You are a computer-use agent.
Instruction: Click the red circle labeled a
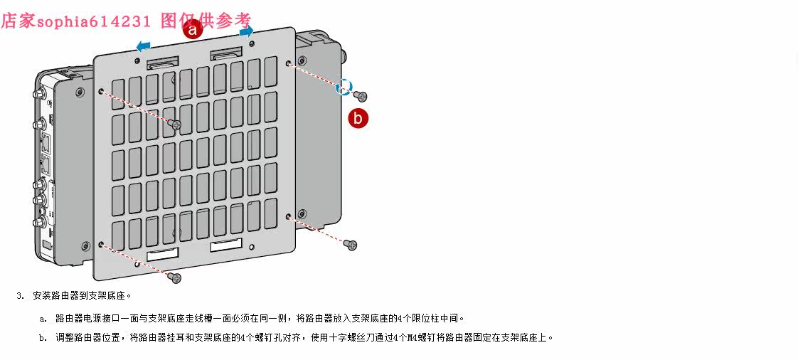point(192,29)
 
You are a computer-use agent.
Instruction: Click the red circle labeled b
point(358,117)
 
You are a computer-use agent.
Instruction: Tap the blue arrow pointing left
point(143,46)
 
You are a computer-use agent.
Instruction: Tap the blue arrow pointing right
point(246,31)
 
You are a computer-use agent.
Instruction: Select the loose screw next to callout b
point(361,96)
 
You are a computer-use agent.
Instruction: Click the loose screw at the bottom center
point(176,277)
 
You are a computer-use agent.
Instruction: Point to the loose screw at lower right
point(350,245)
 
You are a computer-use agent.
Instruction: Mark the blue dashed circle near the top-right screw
point(344,85)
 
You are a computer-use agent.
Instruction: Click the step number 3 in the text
point(21,295)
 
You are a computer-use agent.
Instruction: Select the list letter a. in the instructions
point(43,318)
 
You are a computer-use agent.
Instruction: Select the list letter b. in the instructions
point(43,338)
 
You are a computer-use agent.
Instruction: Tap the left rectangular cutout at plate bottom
point(162,254)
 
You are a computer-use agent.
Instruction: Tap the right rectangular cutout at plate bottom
point(226,245)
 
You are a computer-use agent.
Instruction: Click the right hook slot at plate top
point(225,55)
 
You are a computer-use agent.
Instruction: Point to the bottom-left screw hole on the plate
point(102,244)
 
